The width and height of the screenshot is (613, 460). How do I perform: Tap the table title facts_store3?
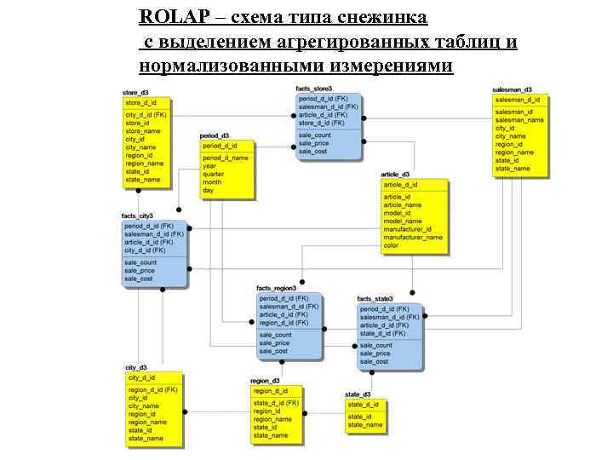313,89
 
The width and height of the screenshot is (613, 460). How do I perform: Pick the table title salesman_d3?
512,89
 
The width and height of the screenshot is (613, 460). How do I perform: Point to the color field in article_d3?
391,246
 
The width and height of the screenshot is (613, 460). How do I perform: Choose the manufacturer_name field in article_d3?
413,238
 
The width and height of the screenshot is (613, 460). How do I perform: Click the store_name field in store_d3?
142,131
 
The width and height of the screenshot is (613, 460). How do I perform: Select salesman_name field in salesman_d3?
519,120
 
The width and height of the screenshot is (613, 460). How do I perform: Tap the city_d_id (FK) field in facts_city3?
145,250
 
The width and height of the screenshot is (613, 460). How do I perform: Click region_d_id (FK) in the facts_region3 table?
284,323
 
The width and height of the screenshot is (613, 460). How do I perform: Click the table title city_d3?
136,367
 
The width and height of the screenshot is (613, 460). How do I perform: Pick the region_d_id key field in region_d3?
270,390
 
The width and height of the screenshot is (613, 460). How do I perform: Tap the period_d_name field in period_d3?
225,158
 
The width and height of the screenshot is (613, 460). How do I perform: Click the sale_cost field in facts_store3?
312,151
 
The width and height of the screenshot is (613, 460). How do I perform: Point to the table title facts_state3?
375,299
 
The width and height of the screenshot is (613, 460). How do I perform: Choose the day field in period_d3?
208,191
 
